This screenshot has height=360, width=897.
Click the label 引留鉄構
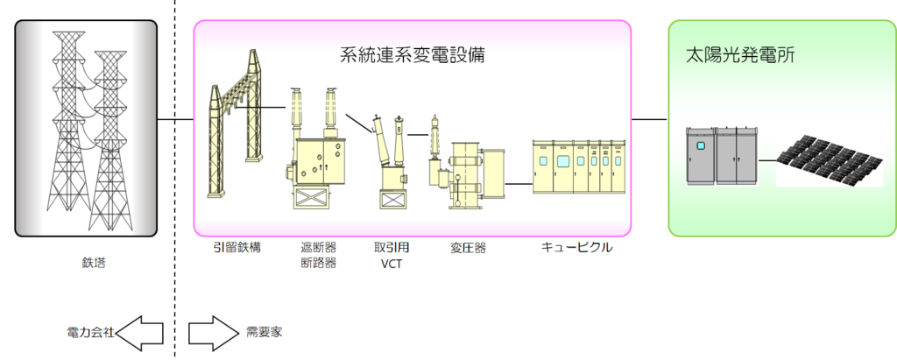point(237,247)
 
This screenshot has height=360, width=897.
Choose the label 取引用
point(391,247)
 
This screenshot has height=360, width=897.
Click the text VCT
point(391,263)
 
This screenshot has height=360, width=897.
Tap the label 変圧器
point(468,248)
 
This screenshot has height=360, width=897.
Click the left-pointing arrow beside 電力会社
point(140,333)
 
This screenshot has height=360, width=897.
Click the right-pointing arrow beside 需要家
point(213,333)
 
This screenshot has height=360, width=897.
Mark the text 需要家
point(264,333)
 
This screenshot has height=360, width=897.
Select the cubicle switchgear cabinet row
point(579,166)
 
